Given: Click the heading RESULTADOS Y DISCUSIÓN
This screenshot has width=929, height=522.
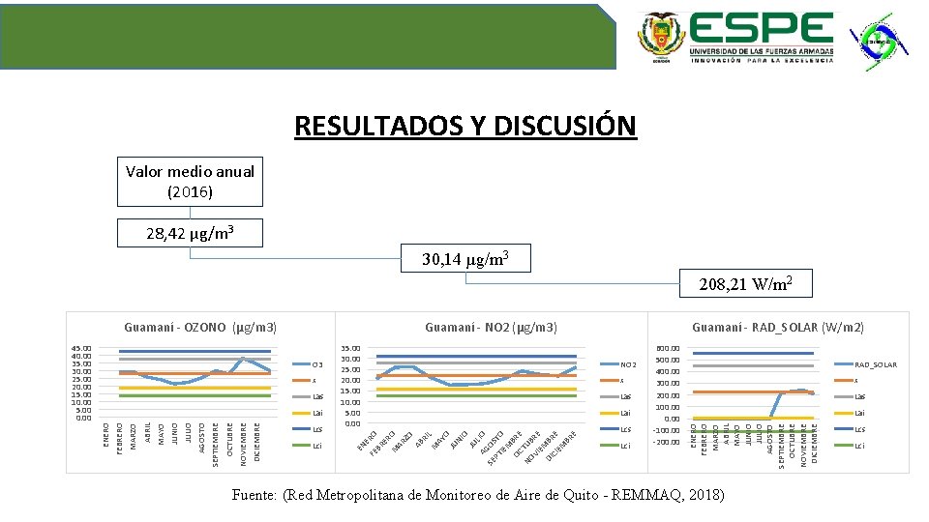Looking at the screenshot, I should click(465, 127).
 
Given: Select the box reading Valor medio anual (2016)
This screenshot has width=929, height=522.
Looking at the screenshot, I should click(190, 182).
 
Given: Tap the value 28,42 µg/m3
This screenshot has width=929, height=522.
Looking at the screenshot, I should click(190, 233).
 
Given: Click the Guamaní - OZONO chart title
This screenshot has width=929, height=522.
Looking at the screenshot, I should click(201, 328).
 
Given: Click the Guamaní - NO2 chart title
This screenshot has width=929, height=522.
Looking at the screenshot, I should click(491, 328).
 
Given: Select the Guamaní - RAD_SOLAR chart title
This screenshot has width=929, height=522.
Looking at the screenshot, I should click(778, 328).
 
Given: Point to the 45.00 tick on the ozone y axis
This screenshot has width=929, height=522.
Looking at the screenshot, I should click(81, 348).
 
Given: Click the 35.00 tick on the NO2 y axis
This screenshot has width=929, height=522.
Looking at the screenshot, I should click(350, 348).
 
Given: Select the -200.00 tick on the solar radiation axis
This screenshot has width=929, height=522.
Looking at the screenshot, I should click(666, 442).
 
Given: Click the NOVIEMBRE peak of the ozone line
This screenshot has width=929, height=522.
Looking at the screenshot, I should click(243, 359).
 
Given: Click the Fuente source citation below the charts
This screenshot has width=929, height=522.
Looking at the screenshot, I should click(478, 495).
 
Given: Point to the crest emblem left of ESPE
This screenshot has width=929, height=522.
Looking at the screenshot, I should click(660, 39).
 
